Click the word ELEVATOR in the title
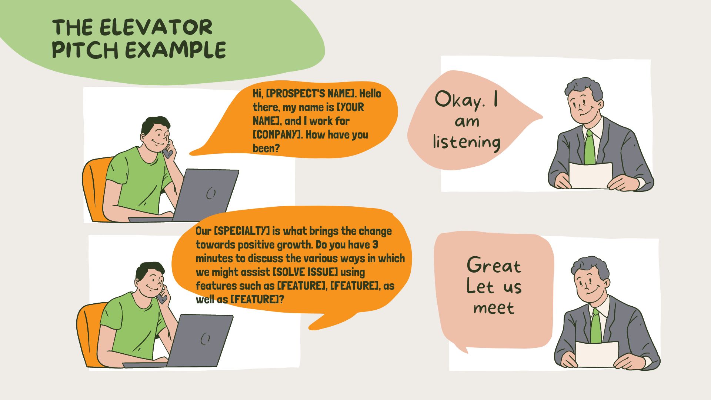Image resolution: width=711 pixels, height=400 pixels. point(156,27)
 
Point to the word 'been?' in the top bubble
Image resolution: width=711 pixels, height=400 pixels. point(266,148)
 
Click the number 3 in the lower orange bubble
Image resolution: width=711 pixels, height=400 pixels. point(375,245)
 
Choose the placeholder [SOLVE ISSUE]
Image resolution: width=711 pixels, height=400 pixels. point(305,272)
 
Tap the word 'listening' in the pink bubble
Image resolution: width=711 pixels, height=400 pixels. point(467,142)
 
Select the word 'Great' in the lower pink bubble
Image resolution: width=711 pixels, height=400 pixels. point(494,266)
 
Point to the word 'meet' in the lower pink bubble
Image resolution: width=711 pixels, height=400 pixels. point(494,308)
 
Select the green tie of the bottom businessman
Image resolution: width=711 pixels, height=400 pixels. point(596,326)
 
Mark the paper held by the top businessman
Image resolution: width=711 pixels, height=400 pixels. point(590,176)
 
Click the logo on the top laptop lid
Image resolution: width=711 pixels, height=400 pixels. point(211,193)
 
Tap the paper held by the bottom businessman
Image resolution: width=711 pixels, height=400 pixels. point(597,354)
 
